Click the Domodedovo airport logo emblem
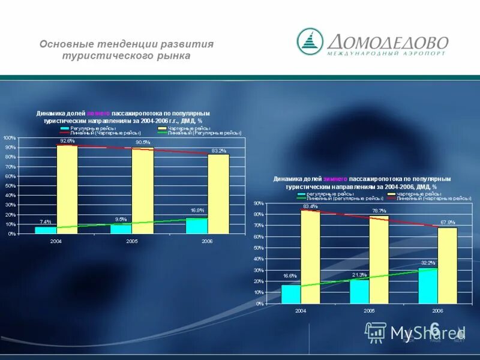(x=310, y=41)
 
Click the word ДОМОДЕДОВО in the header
(x=388, y=41)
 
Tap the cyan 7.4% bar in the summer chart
(x=45, y=230)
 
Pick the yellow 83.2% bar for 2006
(x=218, y=193)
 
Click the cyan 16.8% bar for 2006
(x=197, y=226)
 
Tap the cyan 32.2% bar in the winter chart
(x=427, y=286)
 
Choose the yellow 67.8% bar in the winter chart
(x=447, y=265)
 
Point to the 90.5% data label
(x=143, y=142)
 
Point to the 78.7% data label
(x=379, y=211)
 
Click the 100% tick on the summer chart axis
(x=10, y=138)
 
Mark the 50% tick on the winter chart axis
(x=259, y=248)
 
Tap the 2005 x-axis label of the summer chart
(x=132, y=241)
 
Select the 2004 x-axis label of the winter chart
(x=300, y=311)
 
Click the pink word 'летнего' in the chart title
(x=99, y=113)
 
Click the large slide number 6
(x=434, y=328)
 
